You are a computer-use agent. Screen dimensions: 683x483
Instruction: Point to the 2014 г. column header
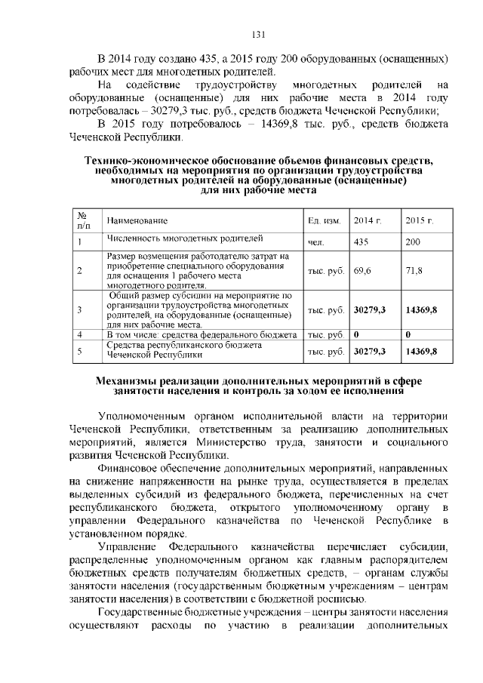coord(368,220)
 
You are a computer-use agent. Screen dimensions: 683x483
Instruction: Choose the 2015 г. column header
coord(419,220)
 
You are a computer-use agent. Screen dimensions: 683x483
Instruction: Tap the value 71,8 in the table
coord(414,270)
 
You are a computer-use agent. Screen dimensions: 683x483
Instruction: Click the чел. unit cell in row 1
coord(315,243)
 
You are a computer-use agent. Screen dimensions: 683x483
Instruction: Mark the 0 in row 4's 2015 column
coord(408,334)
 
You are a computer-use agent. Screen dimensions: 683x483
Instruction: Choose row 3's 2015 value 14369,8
coord(421,309)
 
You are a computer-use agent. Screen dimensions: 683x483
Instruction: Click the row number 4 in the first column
coord(79,334)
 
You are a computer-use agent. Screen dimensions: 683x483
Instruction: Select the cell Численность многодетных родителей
coord(184,238)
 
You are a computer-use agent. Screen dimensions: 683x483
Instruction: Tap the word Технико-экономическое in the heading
coord(146,162)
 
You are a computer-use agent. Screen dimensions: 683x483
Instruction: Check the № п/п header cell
coord(83,220)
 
